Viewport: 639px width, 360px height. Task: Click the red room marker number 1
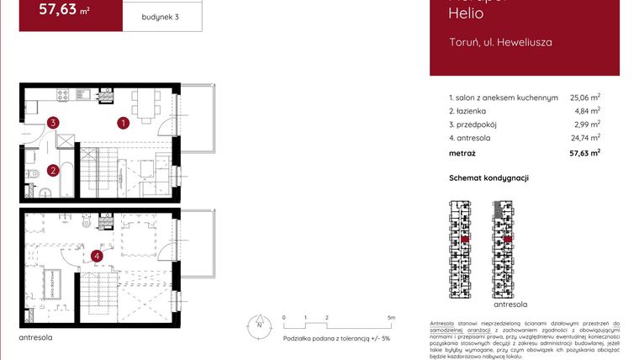(123, 123)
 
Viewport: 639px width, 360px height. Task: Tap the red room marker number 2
(52, 171)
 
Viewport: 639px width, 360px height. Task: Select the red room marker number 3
(53, 123)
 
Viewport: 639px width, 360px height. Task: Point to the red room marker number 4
(98, 256)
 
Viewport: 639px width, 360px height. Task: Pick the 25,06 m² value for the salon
(584, 98)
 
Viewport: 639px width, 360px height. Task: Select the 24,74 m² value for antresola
(584, 137)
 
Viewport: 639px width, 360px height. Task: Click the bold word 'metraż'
(462, 153)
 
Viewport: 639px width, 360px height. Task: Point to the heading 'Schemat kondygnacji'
(488, 178)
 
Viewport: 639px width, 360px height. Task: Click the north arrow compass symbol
(260, 323)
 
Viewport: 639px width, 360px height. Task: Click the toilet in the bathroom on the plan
(30, 174)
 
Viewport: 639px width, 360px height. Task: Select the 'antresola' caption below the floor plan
(35, 337)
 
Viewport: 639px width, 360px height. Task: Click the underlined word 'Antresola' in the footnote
(443, 324)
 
